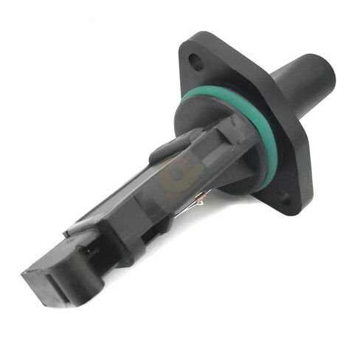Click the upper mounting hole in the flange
[x=196, y=62]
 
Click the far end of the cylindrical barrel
[x=322, y=69]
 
